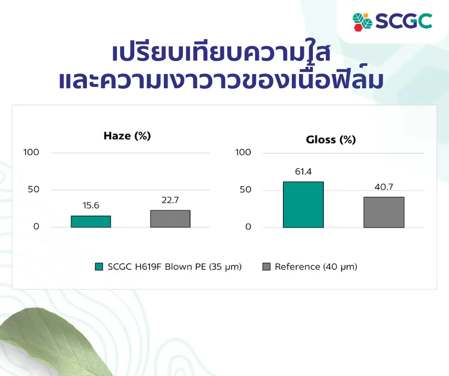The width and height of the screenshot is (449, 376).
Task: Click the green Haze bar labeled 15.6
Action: pos(91,221)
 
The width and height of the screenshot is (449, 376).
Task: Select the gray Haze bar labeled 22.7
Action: pos(171,219)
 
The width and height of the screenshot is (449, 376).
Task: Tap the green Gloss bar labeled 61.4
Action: pos(303,205)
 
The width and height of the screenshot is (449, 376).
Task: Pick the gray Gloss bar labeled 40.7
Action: pos(384,212)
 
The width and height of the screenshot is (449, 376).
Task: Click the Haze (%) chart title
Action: pos(127,136)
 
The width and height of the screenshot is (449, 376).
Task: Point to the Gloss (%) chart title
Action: pos(331,140)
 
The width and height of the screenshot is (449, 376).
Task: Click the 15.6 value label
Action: pos(91,206)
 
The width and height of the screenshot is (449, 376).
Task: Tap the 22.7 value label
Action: pos(170,200)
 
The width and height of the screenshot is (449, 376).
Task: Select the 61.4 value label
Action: pos(303,171)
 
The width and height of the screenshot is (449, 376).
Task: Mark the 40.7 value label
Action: pos(384,187)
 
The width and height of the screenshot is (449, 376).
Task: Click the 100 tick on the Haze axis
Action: pos(31,152)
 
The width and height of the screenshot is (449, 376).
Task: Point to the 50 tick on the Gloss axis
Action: pos(246,189)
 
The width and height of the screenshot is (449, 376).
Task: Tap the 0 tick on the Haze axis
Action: pos(36,227)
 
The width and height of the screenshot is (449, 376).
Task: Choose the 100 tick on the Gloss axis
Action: pos(243,152)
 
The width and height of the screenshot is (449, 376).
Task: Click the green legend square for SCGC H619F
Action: pos(99,267)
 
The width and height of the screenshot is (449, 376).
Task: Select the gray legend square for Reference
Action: pos(267,267)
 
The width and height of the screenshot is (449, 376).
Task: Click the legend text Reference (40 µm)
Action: pos(316,267)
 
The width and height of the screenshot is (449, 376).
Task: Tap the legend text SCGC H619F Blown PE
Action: pos(157,267)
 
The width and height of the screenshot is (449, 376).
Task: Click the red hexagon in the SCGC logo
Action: pos(358,27)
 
